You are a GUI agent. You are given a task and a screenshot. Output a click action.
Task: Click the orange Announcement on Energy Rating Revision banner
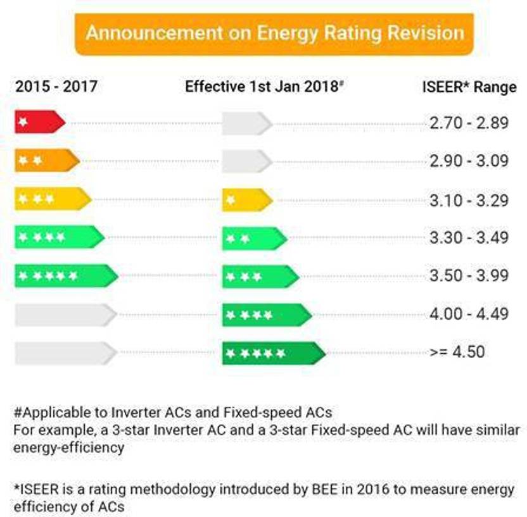[x=274, y=34]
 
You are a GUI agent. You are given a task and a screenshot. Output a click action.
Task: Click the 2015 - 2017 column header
[x=56, y=86]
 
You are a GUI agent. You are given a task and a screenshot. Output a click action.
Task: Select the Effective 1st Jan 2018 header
[x=263, y=87]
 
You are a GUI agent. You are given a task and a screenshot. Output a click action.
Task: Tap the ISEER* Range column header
[x=469, y=87]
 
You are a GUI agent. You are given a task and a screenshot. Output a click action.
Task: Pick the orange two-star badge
[x=46, y=161]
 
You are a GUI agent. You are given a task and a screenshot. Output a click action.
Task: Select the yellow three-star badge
[x=53, y=199]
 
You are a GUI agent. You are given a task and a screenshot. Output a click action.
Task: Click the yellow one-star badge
[x=246, y=200]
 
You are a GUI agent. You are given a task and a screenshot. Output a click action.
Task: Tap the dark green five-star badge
[x=273, y=353]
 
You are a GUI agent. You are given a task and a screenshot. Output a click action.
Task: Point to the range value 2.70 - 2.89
[x=469, y=123]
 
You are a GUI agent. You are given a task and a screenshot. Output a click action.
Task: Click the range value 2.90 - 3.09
[x=469, y=161]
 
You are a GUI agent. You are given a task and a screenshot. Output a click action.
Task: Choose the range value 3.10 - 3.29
[x=469, y=200]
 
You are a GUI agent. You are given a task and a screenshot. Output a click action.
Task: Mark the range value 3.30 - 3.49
[x=469, y=238]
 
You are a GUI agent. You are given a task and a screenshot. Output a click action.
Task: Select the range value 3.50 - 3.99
[x=469, y=276]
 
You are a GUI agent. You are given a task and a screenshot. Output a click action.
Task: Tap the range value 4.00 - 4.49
[x=469, y=314]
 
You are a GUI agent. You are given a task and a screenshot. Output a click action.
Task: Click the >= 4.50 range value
[x=457, y=352]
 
